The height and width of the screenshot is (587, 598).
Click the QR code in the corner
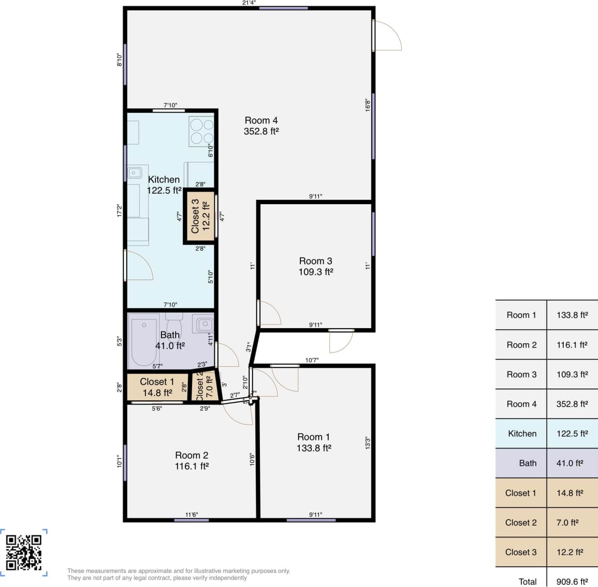[24, 552]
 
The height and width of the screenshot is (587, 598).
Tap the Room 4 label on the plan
[261, 121]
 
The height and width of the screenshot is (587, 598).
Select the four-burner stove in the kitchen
[202, 131]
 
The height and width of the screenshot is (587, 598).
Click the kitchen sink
[134, 173]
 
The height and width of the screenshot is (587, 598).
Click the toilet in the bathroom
[174, 325]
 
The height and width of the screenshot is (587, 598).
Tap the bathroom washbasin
[205, 324]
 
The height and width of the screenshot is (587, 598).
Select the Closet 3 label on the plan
[195, 216]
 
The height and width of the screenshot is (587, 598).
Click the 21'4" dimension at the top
[249, 3]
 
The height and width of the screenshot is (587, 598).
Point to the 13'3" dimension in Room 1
[367, 443]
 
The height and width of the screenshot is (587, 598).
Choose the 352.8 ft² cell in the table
[572, 404]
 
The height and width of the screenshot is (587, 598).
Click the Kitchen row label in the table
[522, 434]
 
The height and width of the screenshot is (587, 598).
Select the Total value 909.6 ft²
[572, 581]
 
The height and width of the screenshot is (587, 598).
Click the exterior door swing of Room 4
[387, 36]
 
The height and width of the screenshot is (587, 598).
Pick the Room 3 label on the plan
[315, 261]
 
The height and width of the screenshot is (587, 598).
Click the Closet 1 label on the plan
[157, 382]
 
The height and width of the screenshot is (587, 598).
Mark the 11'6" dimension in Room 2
[191, 515]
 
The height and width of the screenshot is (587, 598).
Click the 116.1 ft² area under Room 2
[192, 466]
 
